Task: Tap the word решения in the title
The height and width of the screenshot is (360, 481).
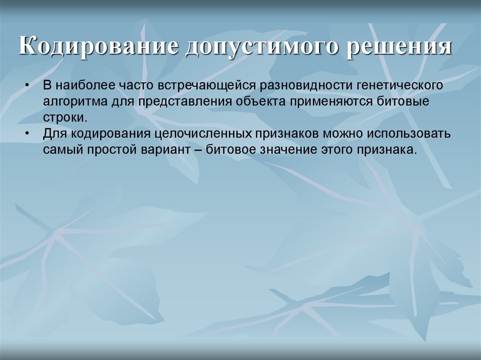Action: pos(399,48)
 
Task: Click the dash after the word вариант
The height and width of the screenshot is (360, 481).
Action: pos(197,150)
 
